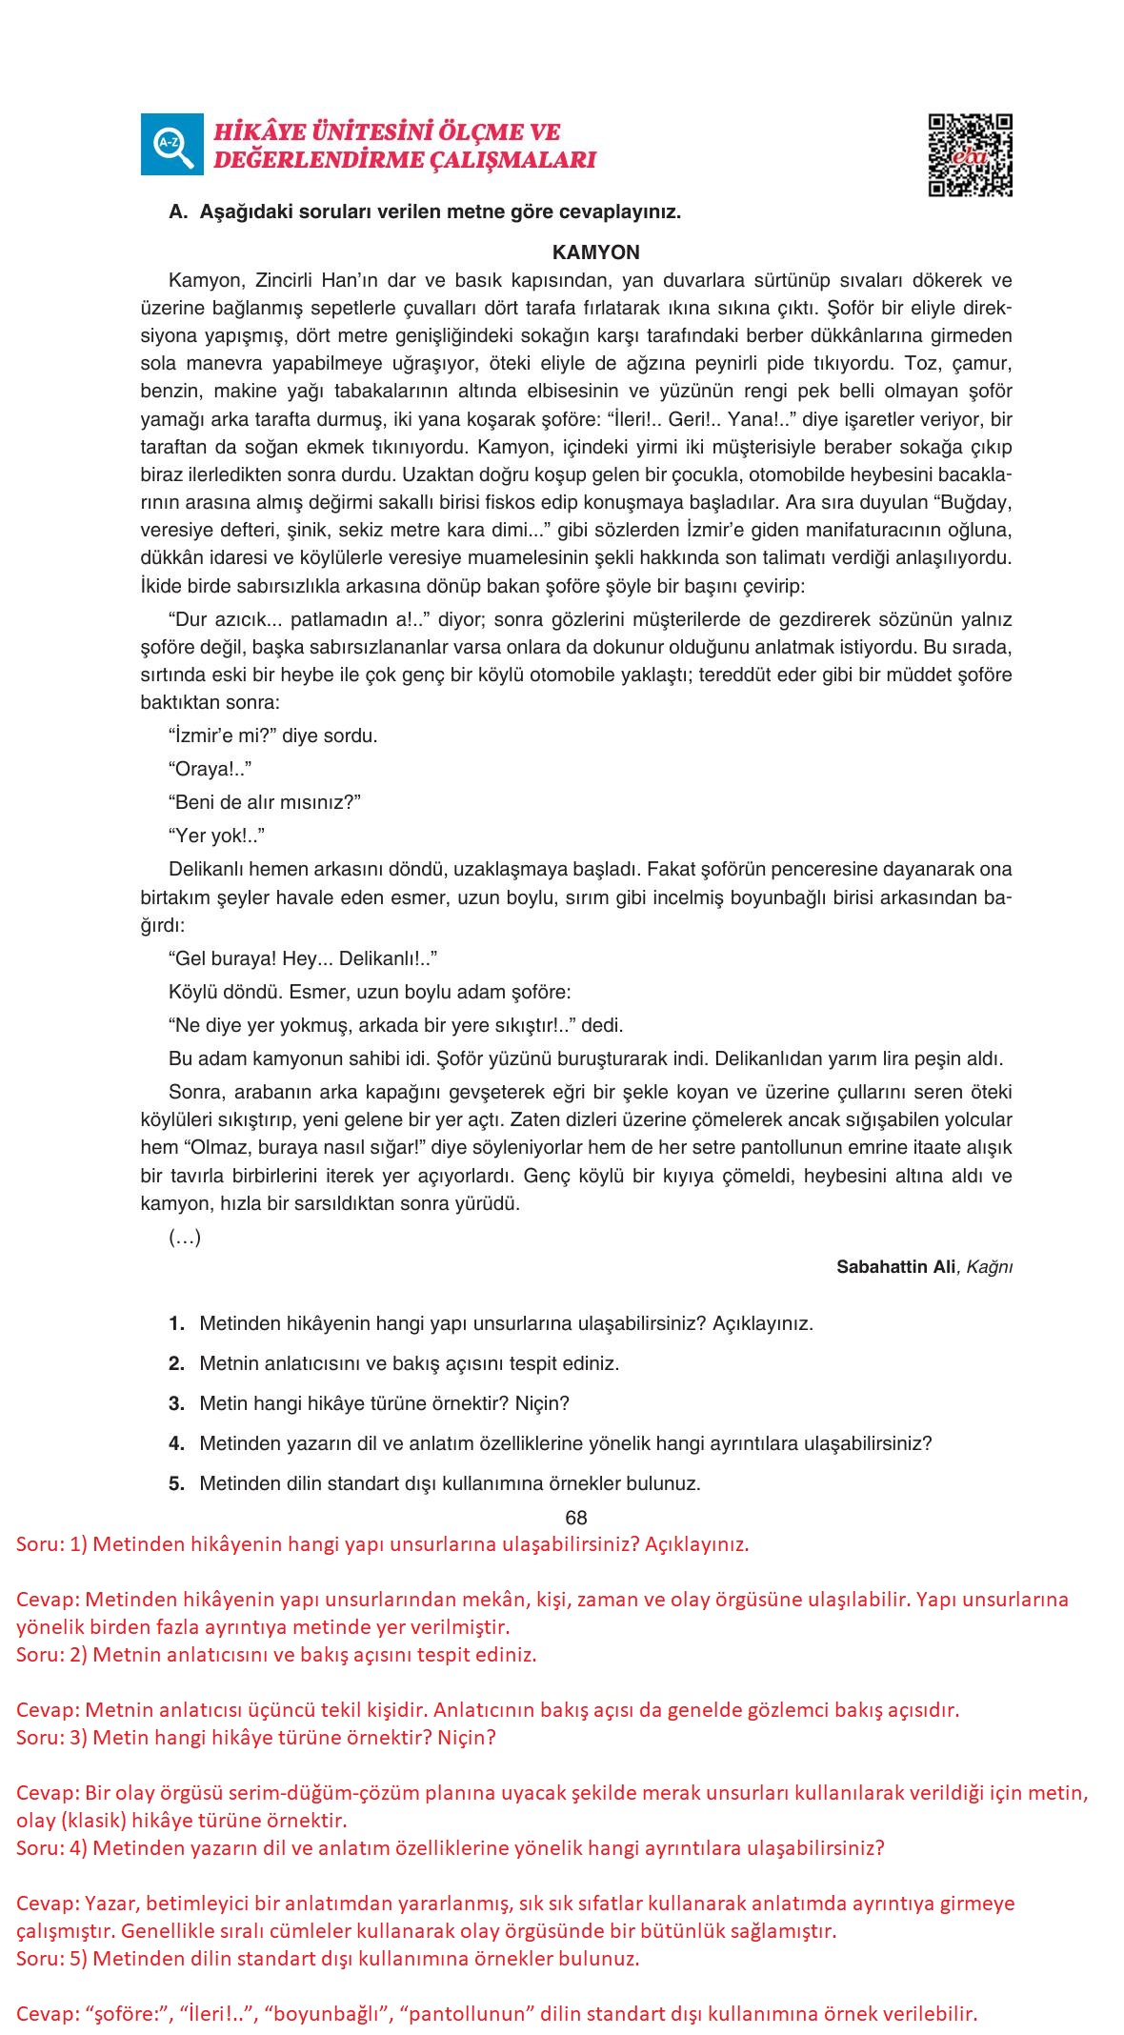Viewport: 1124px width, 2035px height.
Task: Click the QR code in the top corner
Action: click(x=970, y=155)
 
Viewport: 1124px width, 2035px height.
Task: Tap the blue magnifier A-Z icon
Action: click(x=171, y=145)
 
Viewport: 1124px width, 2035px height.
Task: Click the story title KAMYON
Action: click(x=595, y=252)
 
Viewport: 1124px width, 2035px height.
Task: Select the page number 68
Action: click(x=575, y=1518)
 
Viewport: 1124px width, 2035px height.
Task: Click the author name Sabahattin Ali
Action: click(x=895, y=1266)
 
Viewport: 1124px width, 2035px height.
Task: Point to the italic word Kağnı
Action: click(x=989, y=1266)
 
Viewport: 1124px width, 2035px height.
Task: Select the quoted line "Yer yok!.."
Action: click(x=216, y=836)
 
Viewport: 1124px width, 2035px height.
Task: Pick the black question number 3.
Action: click(x=176, y=1403)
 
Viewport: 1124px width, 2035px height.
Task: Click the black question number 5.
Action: click(x=176, y=1483)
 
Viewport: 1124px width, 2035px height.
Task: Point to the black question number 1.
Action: click(x=176, y=1323)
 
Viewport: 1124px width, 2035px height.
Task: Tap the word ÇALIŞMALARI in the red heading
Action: click(x=513, y=160)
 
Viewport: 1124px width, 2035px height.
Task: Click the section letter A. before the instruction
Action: click(x=177, y=212)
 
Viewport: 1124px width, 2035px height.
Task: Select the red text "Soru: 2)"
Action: click(x=51, y=1655)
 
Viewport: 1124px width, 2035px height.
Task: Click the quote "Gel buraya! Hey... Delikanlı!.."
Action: click(x=303, y=958)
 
